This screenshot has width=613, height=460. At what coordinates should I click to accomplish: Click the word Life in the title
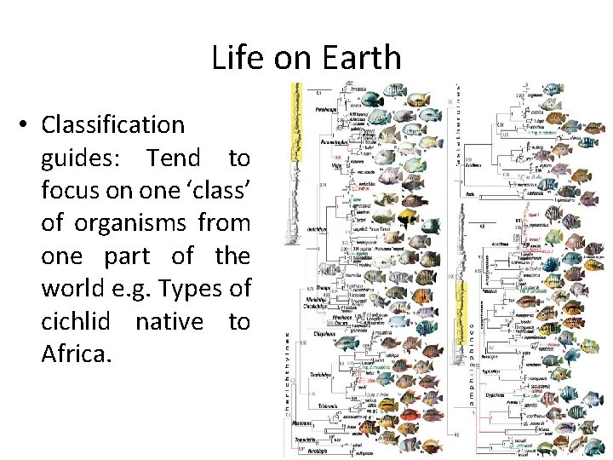(231, 58)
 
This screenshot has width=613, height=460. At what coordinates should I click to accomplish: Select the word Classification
(112, 125)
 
